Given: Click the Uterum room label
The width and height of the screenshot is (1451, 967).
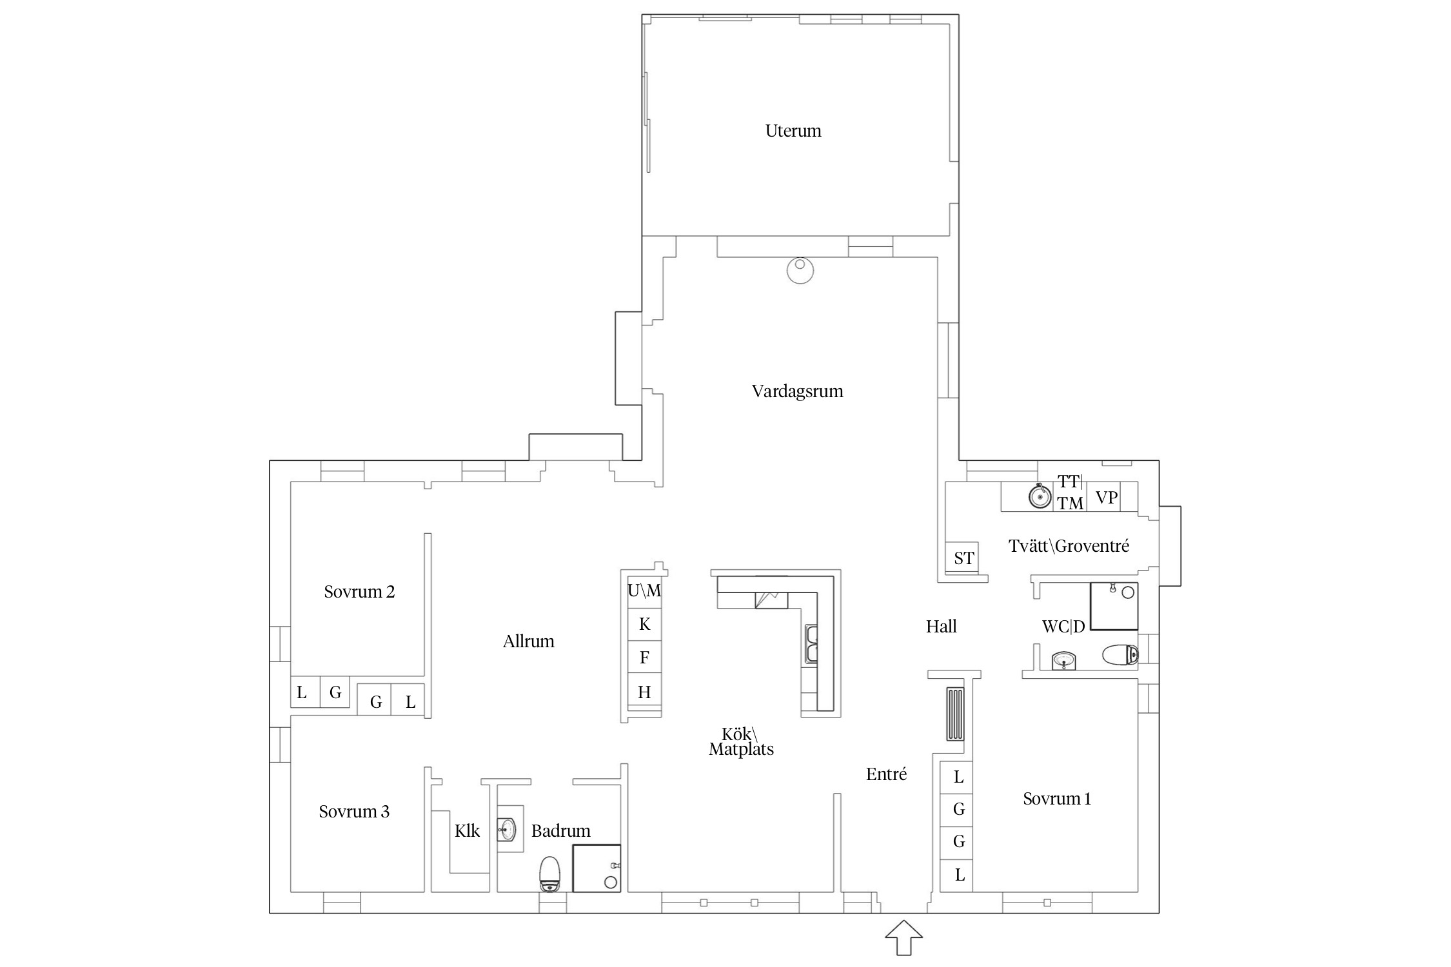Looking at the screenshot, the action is [x=793, y=131].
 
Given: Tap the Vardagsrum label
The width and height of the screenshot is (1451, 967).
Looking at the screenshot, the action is [x=798, y=391].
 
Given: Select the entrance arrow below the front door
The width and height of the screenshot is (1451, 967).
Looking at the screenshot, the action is [x=904, y=937].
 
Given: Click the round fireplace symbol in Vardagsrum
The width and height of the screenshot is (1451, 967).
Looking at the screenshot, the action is [x=800, y=270].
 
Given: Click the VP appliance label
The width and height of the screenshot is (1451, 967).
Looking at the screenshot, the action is [x=1107, y=498].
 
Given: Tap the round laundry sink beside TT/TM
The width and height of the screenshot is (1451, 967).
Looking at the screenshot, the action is [x=1040, y=496].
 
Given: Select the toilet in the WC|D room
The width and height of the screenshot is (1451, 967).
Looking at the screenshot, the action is [x=1120, y=655].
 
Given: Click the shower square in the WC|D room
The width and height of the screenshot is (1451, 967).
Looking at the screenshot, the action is [x=1114, y=606].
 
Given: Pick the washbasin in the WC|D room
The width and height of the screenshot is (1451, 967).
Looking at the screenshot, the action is [x=1063, y=661].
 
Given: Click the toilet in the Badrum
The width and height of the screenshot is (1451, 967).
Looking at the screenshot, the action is [x=549, y=874].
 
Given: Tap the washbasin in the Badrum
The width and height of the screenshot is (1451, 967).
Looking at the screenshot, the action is [x=506, y=829].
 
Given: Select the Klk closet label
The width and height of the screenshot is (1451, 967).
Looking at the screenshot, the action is [x=467, y=830].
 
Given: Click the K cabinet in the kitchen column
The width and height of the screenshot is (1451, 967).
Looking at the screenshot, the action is [x=645, y=624].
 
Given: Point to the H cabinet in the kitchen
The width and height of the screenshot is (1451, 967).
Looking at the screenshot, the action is [x=645, y=692].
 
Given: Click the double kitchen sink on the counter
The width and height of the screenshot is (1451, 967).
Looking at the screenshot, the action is [x=811, y=644].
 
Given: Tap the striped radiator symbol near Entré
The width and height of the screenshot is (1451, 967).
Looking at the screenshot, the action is [x=955, y=714].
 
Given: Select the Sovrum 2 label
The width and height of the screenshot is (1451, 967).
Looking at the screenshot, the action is [x=359, y=592].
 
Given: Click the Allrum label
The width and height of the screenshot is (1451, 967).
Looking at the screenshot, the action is [x=529, y=641].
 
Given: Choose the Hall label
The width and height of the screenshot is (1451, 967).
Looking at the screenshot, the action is [x=942, y=626].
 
